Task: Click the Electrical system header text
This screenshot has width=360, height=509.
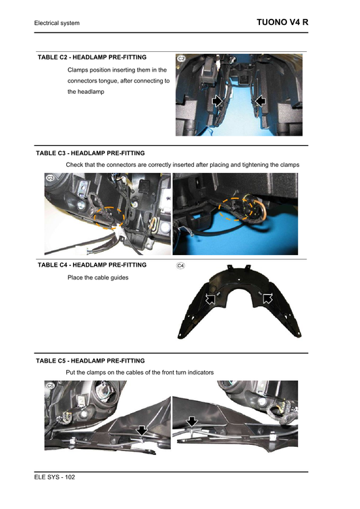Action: click(x=57, y=24)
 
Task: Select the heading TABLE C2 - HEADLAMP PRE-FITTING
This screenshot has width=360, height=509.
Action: click(x=93, y=57)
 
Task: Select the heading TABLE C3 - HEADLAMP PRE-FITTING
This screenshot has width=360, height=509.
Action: click(x=90, y=153)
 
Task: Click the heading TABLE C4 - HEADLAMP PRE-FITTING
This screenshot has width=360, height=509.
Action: click(x=93, y=265)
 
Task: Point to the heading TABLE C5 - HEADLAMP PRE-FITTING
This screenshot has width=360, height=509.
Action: click(x=90, y=360)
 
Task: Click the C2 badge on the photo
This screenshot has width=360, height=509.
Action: click(x=181, y=59)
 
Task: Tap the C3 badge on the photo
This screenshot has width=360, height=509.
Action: click(x=49, y=178)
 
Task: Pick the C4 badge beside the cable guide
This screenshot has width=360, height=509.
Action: click(x=181, y=266)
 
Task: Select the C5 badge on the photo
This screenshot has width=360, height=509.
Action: click(x=49, y=385)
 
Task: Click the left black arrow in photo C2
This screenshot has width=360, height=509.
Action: click(x=217, y=100)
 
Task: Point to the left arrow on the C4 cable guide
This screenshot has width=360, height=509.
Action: click(x=212, y=298)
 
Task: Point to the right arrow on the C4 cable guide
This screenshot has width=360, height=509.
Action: click(x=267, y=298)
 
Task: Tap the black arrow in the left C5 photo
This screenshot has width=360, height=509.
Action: click(x=141, y=430)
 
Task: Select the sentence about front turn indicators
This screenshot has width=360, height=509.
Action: click(x=139, y=373)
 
